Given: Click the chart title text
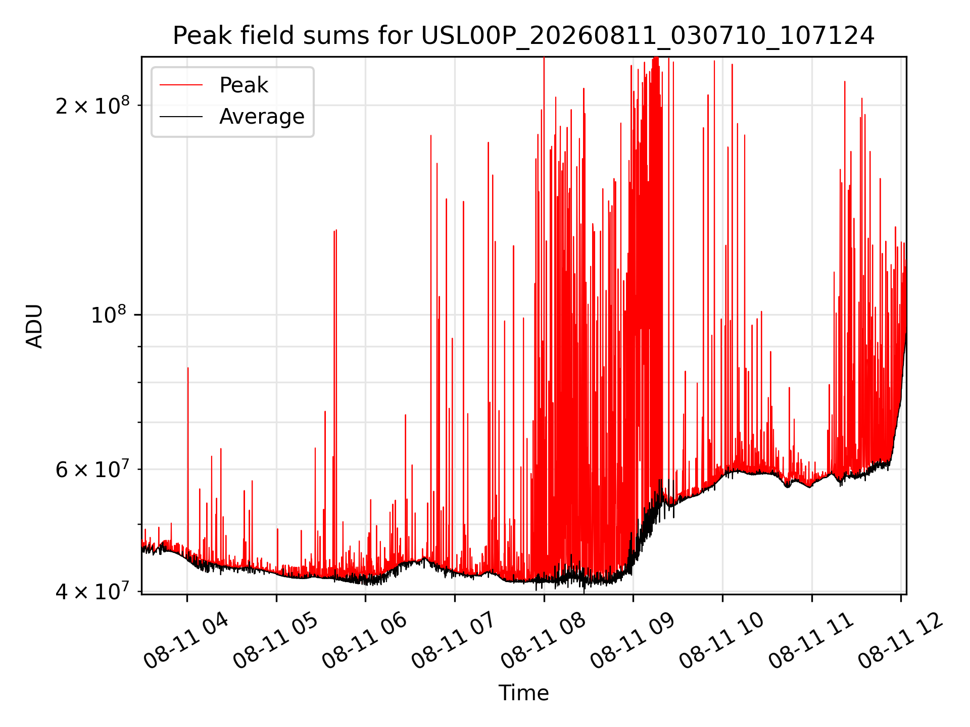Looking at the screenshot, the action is point(523,36).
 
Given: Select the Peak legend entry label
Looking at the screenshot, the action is point(244,85).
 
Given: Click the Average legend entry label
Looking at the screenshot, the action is point(262,117).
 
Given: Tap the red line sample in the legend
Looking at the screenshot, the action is point(181,85).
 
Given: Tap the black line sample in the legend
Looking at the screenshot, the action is point(181,117).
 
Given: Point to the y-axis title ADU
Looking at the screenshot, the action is point(34,326).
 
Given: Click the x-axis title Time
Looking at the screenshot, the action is point(523,693).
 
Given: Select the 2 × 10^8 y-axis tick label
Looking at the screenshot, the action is point(92,105).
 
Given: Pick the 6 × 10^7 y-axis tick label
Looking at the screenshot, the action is point(92,469).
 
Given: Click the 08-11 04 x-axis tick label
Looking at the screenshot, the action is point(186,641).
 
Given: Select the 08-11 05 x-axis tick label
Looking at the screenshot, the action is point(275,641).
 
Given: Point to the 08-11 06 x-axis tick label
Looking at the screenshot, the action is point(364,641).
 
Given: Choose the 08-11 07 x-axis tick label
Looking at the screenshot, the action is point(454,641).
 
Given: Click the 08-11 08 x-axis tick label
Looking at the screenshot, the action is point(543,641).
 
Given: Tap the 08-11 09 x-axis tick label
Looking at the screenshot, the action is point(633,641).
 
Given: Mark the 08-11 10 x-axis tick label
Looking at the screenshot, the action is point(721,641).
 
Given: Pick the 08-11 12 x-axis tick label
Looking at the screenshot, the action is point(900,641).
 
